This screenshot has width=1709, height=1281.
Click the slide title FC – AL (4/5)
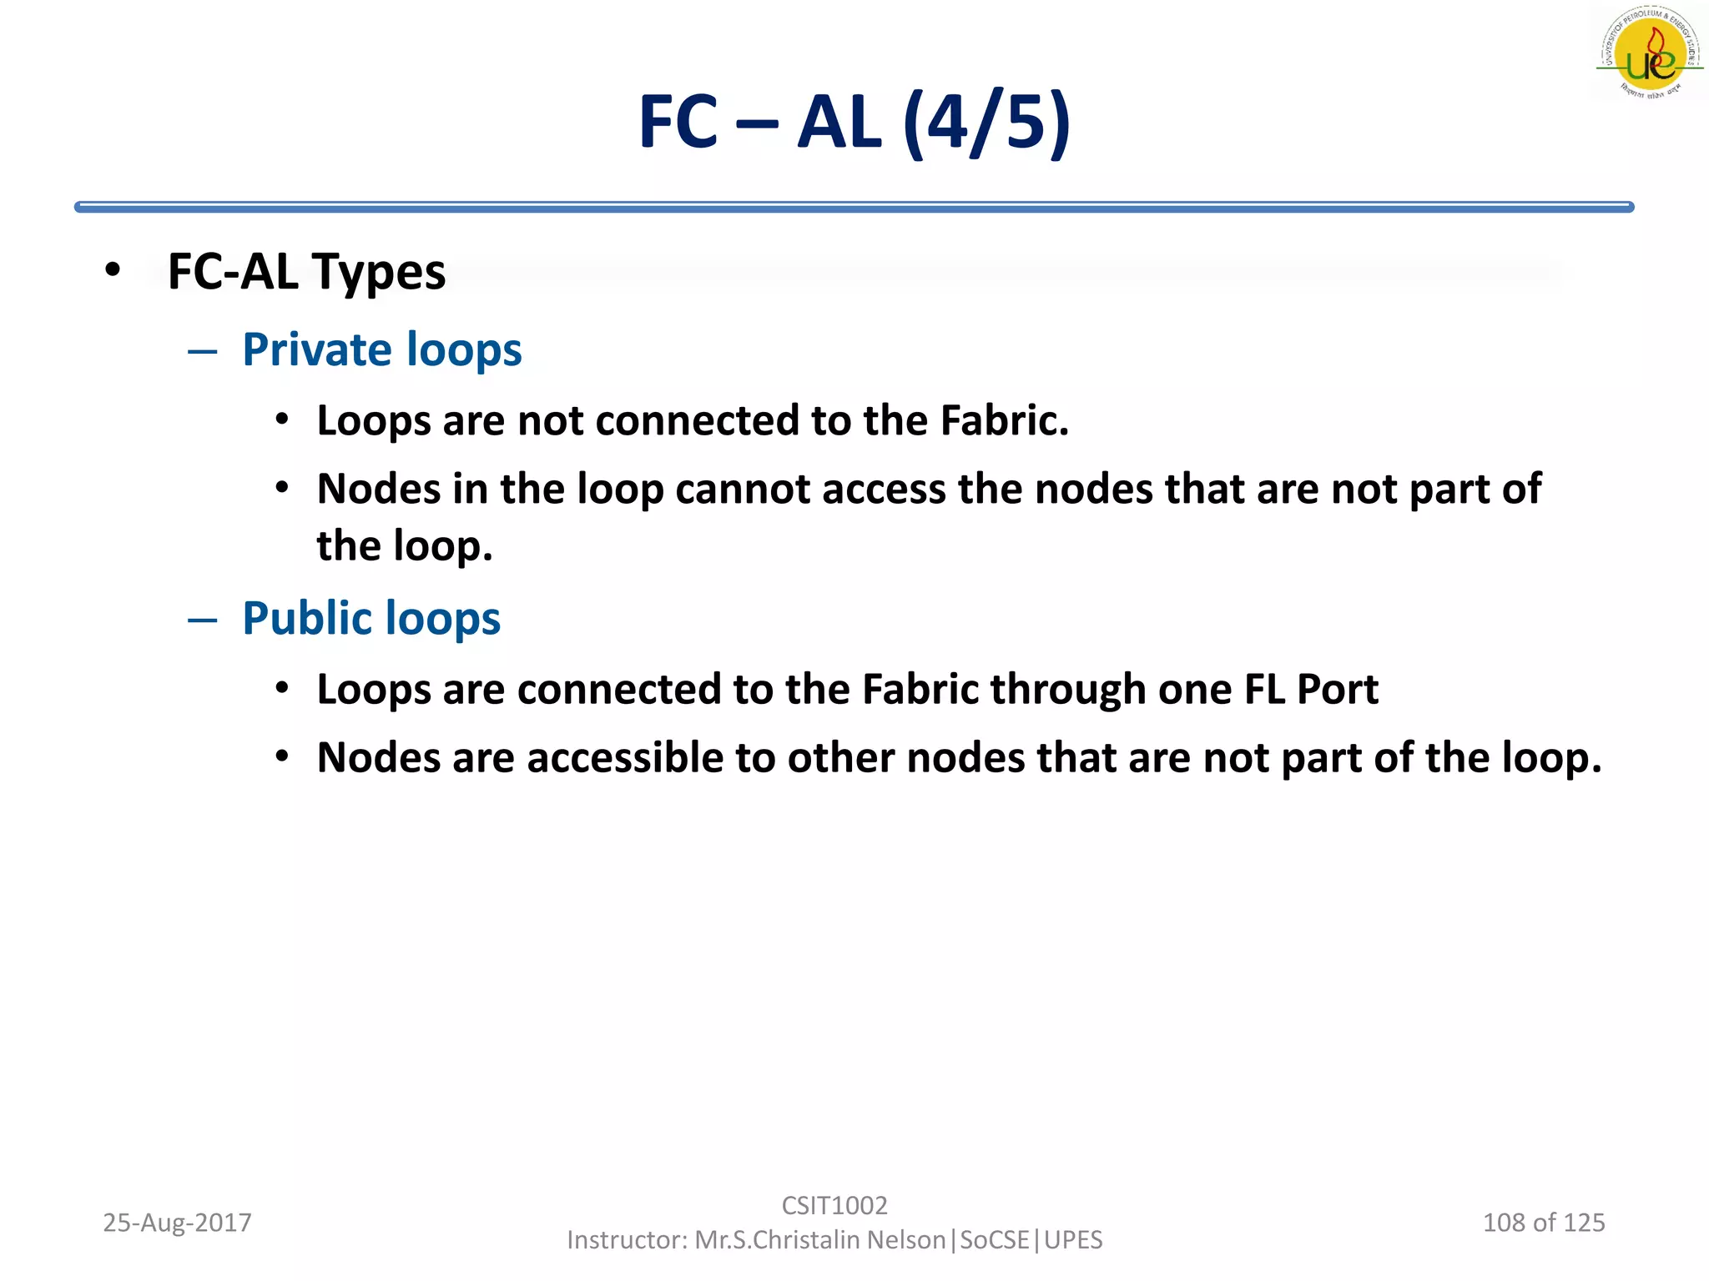pyautogui.click(x=854, y=123)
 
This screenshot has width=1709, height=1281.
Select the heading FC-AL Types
pyautogui.click(x=306, y=272)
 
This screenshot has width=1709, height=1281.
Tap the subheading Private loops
pyautogui.click(x=381, y=349)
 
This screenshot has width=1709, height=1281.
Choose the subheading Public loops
pyautogui.click(x=371, y=619)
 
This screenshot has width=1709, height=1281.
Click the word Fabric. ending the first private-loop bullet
pyautogui.click(x=1004, y=420)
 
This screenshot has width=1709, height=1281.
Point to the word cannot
pyautogui.click(x=743, y=489)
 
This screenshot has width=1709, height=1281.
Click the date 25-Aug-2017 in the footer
pyautogui.click(x=177, y=1223)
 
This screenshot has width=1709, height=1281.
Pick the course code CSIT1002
pyautogui.click(x=834, y=1205)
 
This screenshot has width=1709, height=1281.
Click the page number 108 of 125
pyautogui.click(x=1543, y=1223)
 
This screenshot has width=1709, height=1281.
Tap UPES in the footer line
pyautogui.click(x=1073, y=1240)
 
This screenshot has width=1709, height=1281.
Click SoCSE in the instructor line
pyautogui.click(x=995, y=1240)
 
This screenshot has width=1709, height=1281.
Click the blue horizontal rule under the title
pyautogui.click(x=854, y=207)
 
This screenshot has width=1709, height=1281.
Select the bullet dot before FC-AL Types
pyautogui.click(x=113, y=270)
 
